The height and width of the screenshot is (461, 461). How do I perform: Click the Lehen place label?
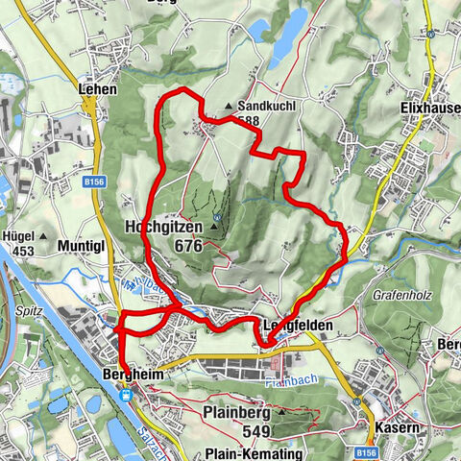click(99, 89)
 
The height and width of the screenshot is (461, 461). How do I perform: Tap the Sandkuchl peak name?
click(263, 107)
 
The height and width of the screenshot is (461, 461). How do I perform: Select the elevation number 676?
click(188, 246)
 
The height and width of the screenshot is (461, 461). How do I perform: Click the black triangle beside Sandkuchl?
click(228, 107)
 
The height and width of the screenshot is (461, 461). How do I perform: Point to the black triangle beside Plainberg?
click(281, 411)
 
